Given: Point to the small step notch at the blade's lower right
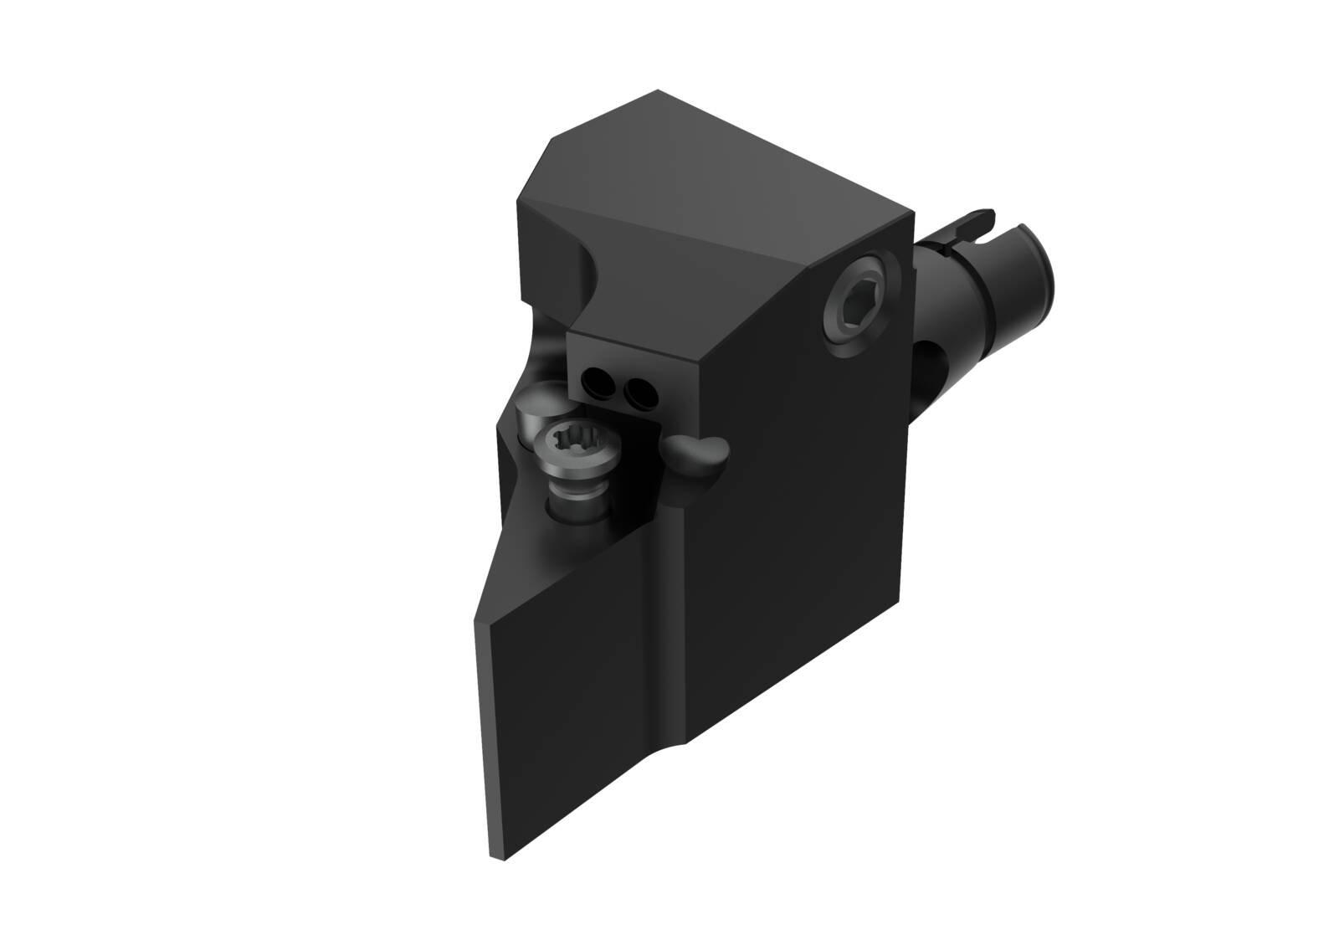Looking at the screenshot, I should tap(686, 743).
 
